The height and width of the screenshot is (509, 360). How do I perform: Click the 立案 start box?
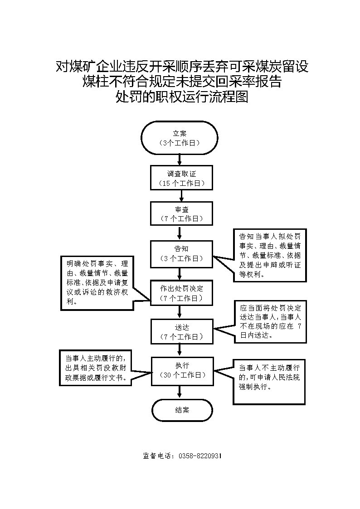point(180,138)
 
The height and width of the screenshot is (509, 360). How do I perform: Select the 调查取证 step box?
point(181,177)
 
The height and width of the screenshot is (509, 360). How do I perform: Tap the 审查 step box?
point(181,213)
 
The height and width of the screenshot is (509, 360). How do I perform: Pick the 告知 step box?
point(181,253)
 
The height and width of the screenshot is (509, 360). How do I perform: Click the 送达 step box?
point(181,332)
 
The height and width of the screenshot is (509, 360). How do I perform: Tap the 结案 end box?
point(182,410)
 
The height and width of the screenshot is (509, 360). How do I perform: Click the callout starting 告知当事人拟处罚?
point(269,255)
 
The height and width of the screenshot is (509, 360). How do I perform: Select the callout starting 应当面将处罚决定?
point(269,321)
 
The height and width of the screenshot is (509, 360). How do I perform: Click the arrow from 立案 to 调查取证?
point(180,159)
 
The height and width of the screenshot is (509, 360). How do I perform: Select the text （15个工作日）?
point(181,183)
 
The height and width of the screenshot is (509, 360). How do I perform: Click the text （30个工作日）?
point(181,375)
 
